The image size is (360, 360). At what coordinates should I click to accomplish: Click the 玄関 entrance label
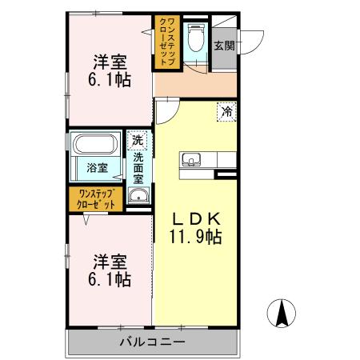pyautogui.click(x=224, y=46)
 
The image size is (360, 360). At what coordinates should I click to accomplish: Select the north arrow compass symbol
pyautogui.click(x=282, y=313)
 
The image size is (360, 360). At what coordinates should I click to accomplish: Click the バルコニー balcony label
pyautogui.click(x=153, y=342)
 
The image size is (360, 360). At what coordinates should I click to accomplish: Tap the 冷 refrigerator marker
pyautogui.click(x=226, y=113)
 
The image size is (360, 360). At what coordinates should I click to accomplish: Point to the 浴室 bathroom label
pyautogui.click(x=97, y=170)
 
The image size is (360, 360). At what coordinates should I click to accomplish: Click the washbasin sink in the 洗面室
pyautogui.click(x=138, y=194)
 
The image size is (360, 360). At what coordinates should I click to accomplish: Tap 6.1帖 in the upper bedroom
pyautogui.click(x=110, y=80)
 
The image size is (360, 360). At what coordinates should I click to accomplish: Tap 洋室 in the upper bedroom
pyautogui.click(x=110, y=62)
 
